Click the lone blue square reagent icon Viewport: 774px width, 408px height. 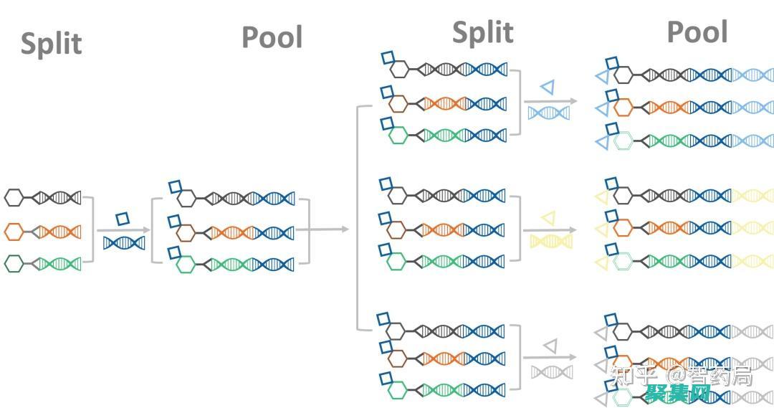pos(123,219)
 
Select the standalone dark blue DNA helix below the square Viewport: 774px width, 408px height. pos(124,242)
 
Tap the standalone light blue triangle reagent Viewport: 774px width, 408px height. pos(548,87)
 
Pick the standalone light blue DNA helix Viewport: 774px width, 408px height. pos(549,113)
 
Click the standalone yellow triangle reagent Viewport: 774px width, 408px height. pos(549,217)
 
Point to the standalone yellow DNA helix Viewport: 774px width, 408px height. pos(550,242)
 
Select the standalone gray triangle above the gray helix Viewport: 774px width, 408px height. pos(550,346)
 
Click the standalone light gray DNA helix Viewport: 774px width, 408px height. pos(552,371)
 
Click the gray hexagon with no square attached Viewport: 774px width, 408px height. pos(14,197)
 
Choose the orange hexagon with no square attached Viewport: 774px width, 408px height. pos(14,231)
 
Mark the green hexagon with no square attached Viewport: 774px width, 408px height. pos(14,263)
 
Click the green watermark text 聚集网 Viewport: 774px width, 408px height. pos(677,393)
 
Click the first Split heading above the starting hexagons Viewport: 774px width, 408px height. pos(51,43)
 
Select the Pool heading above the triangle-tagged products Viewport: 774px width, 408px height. pos(697,32)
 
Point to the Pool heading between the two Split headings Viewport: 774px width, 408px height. pos(272,37)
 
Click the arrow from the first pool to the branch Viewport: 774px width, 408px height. pos(322,229)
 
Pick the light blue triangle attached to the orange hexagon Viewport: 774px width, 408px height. pos(602,108)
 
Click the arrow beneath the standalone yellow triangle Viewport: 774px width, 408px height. pos(550,231)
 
